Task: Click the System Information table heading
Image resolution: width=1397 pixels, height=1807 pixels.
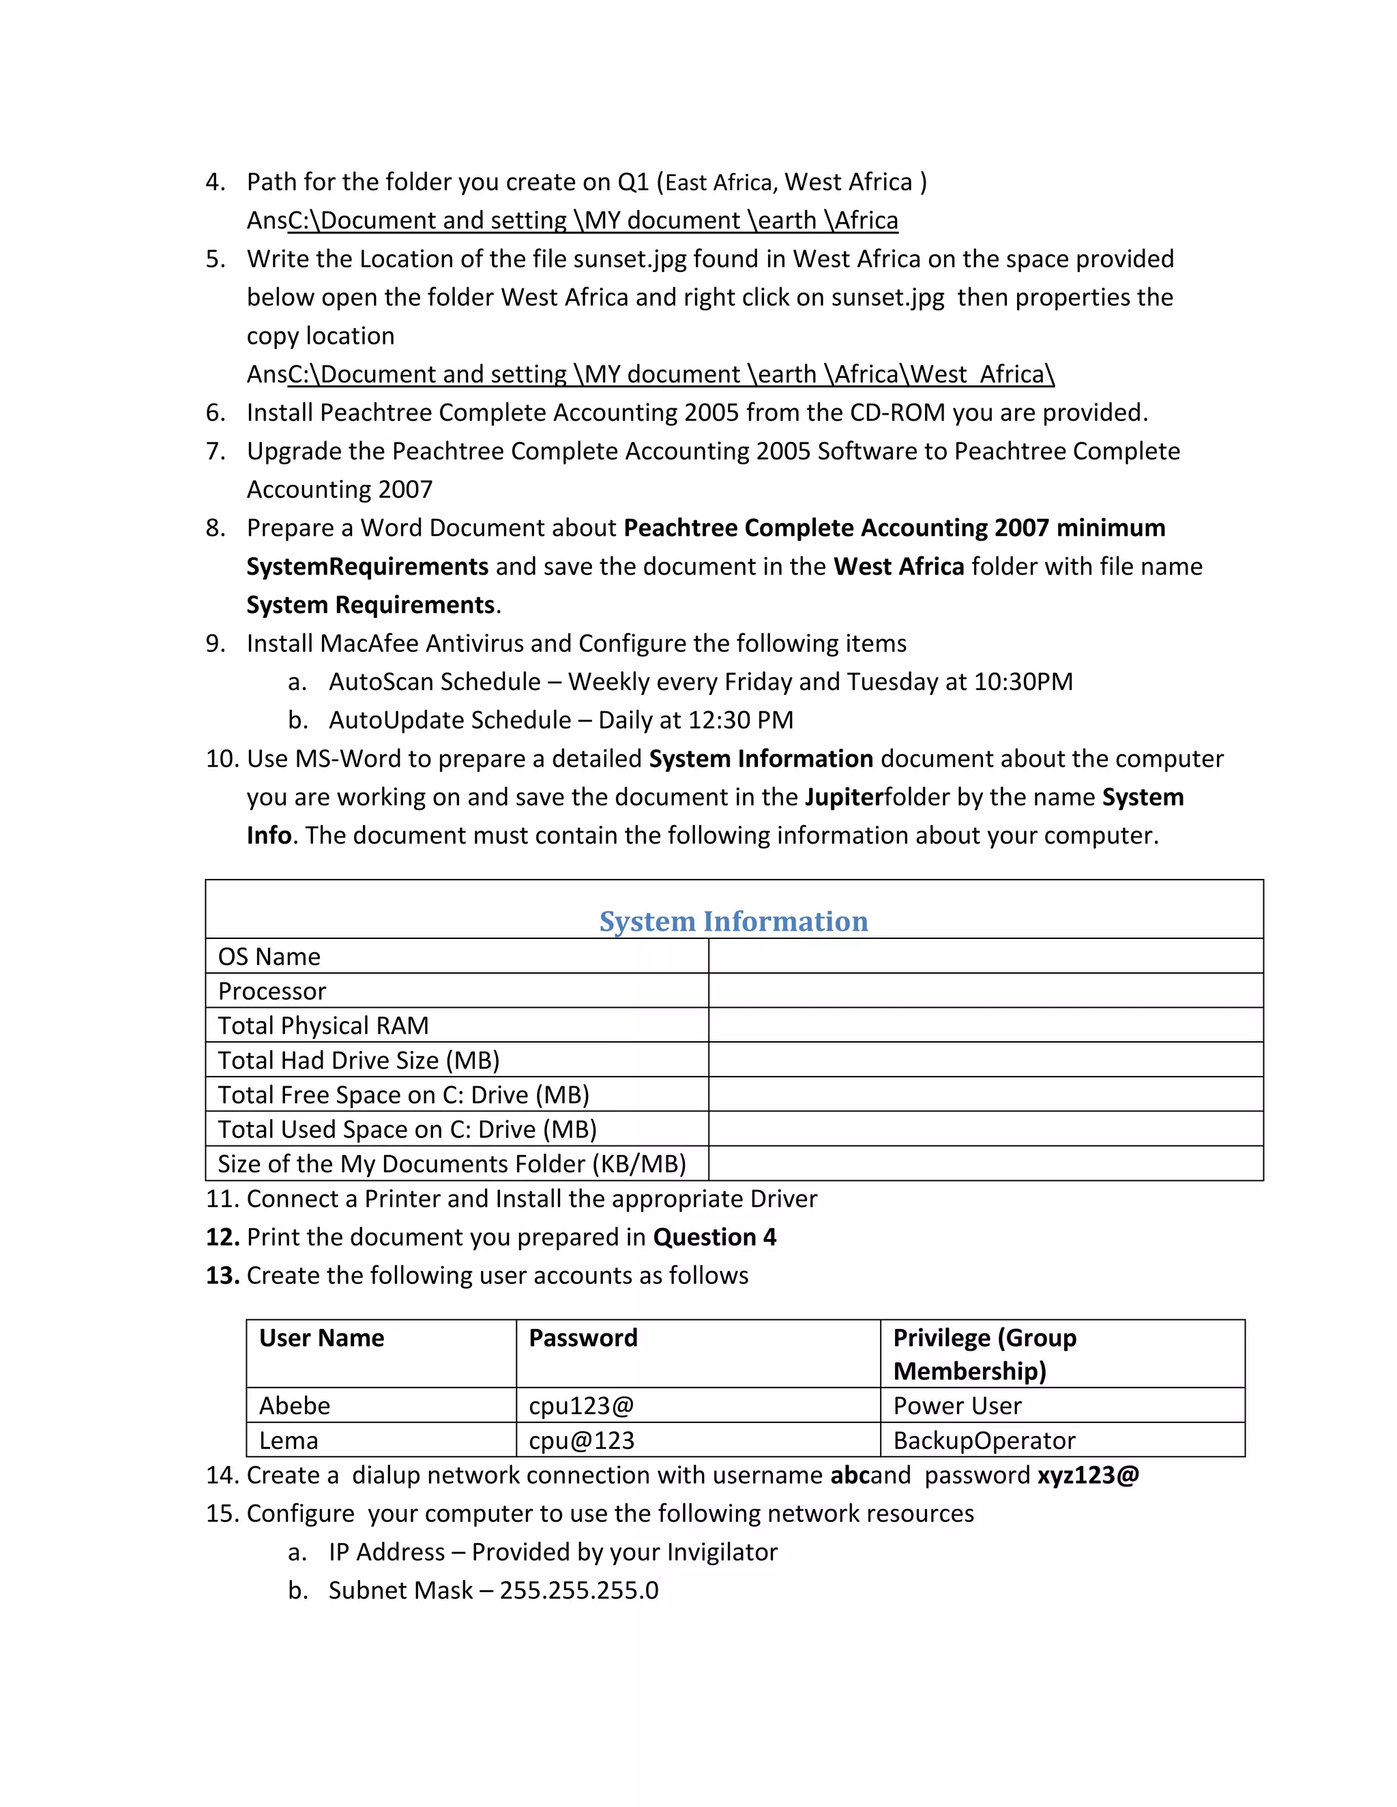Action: [x=733, y=921]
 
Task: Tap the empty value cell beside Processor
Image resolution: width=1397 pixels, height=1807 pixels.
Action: [x=985, y=990]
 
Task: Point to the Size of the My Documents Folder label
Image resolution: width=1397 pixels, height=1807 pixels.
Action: [x=452, y=1163]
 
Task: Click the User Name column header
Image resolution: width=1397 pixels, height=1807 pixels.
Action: [x=321, y=1338]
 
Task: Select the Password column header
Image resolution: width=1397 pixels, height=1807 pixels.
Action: [x=583, y=1338]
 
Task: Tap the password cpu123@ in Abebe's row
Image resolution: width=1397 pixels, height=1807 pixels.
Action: [x=581, y=1406]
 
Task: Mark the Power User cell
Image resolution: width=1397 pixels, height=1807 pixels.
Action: [x=957, y=1406]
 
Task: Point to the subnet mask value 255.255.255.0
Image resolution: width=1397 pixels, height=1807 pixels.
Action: [x=578, y=1590]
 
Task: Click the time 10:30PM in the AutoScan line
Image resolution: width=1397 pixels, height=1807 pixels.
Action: [x=1023, y=682]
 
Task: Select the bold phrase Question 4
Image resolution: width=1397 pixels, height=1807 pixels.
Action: [x=714, y=1237]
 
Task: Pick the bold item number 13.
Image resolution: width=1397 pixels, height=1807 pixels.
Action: [x=222, y=1275]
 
